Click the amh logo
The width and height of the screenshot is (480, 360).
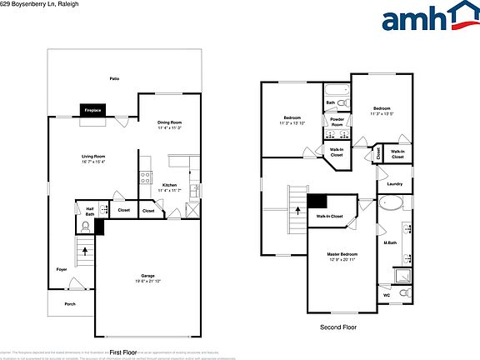[x=424, y=20]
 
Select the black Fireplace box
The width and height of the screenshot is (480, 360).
[x=92, y=109]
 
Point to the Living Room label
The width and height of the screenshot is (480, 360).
[x=92, y=158]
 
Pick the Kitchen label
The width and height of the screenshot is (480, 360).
[x=169, y=187]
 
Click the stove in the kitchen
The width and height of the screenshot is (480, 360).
[x=146, y=177]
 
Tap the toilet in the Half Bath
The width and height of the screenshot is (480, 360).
[x=86, y=226]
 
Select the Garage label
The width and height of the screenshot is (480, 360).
[x=148, y=278]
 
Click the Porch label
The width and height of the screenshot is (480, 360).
[x=70, y=304]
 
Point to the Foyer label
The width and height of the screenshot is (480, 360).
[x=62, y=270]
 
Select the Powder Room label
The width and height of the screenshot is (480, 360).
[x=337, y=122]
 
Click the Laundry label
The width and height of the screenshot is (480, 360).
[x=395, y=184]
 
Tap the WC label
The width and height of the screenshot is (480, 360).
[x=386, y=295]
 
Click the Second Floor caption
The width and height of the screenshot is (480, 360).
[x=338, y=327]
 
